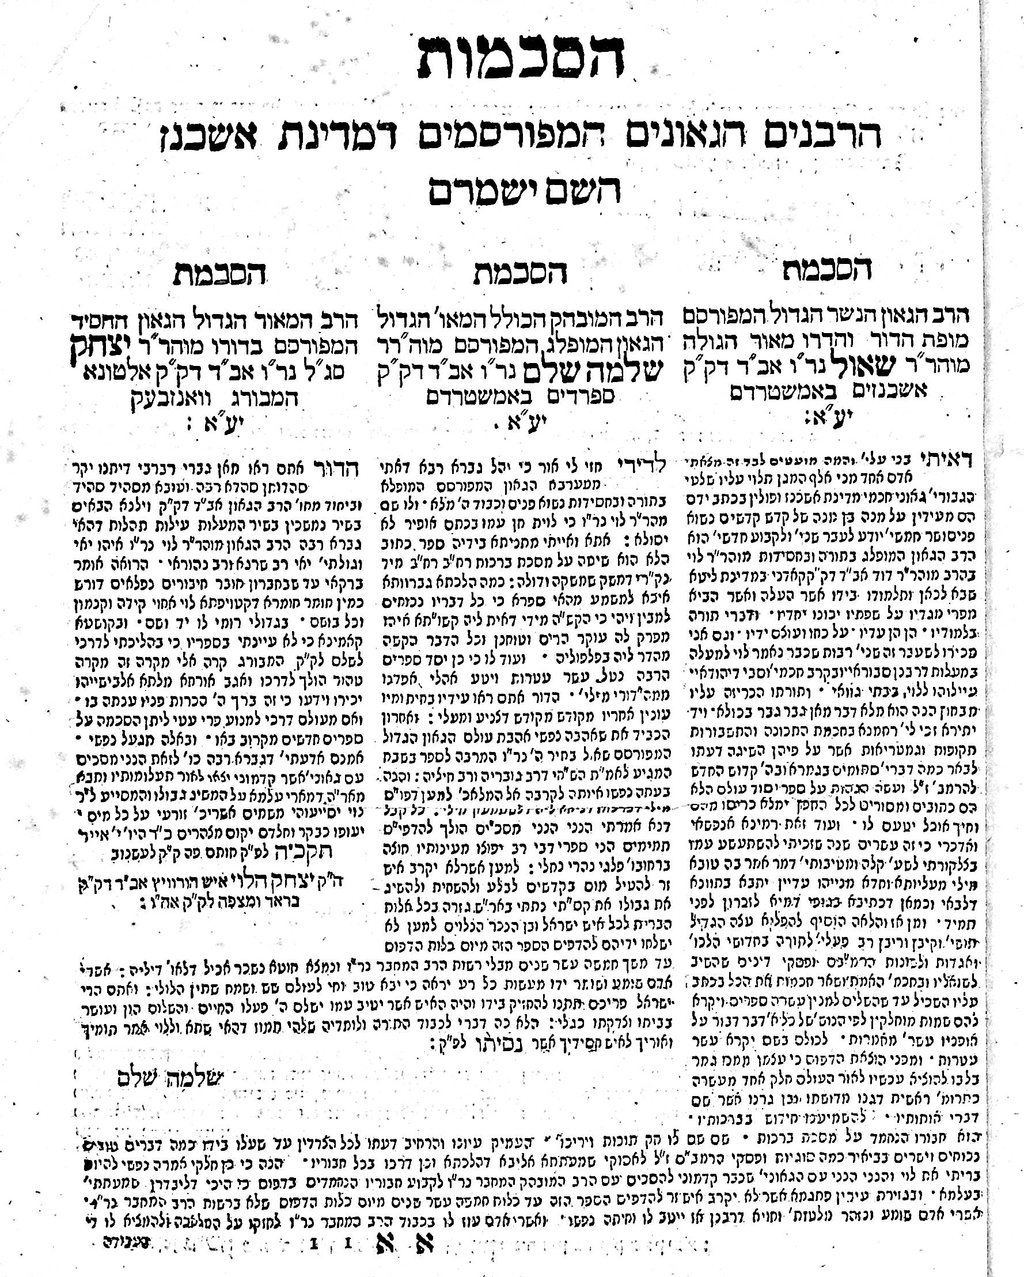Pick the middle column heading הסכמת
click(x=519, y=273)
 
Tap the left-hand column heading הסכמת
click(x=219, y=274)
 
